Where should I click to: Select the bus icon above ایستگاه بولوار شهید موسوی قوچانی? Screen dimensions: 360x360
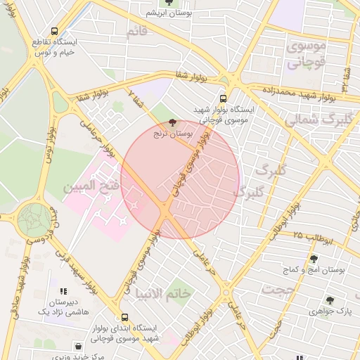point(223,99)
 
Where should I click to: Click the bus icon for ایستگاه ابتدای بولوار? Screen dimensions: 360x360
point(125,317)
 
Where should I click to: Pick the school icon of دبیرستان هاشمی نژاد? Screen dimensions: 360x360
point(63,290)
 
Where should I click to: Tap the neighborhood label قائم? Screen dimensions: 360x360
point(138,32)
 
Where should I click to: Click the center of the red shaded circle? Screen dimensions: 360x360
point(180,179)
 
